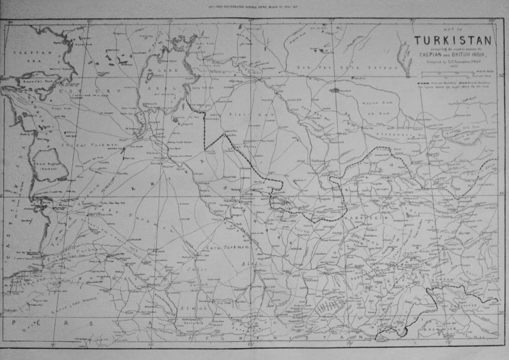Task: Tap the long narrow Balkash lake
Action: (405, 53)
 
